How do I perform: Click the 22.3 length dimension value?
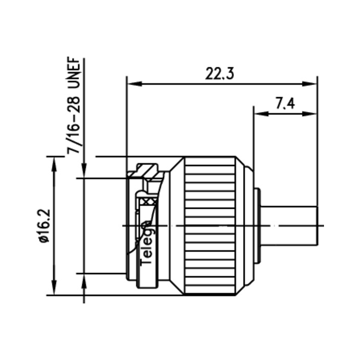tap(220, 74)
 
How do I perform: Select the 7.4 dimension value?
tap(284, 104)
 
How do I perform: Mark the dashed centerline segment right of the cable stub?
tap(321, 225)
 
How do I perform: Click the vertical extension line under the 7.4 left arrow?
tap(254, 139)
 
